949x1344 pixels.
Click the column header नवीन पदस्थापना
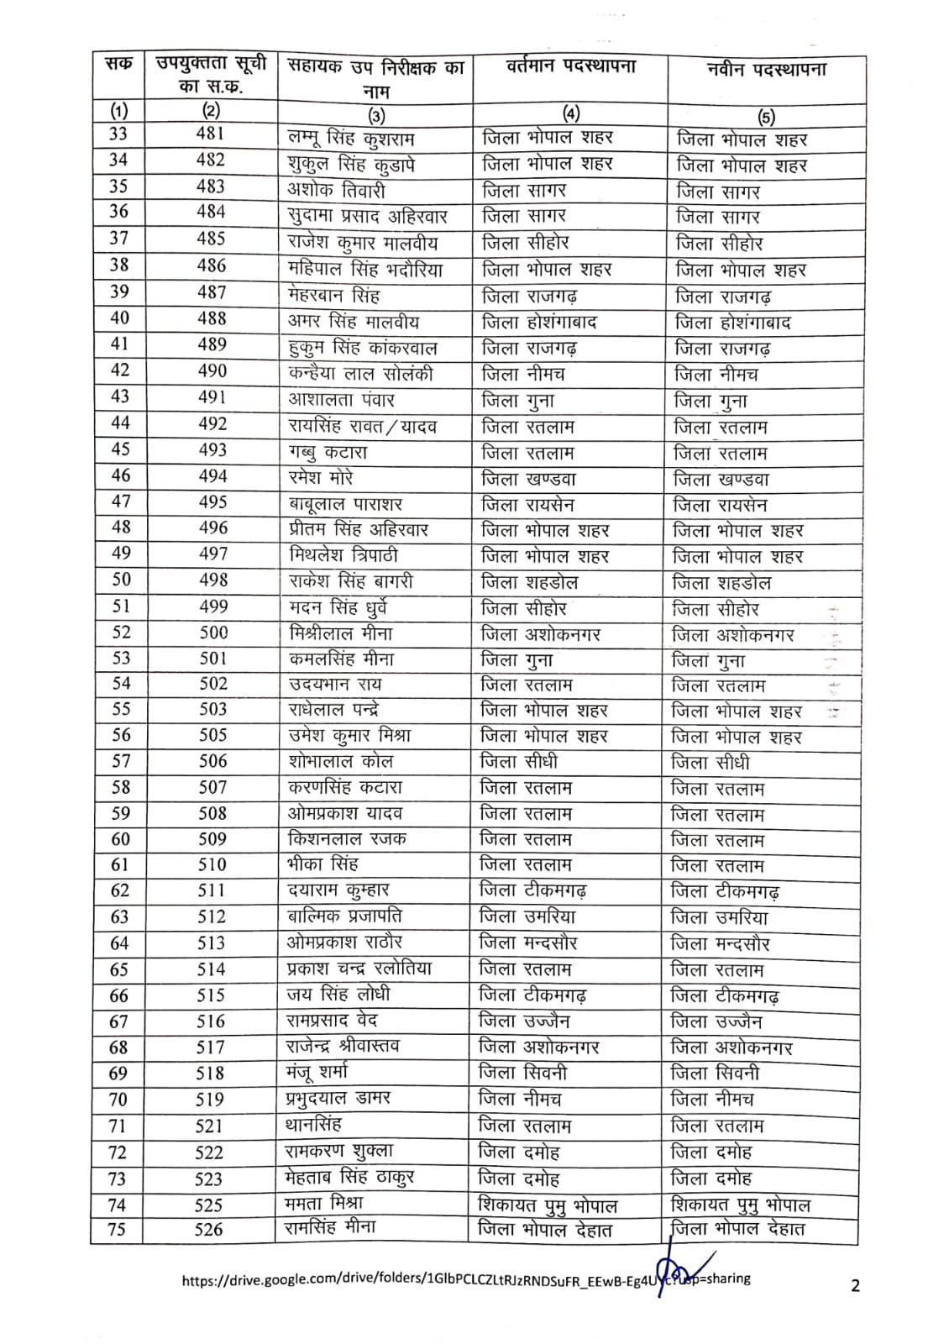(x=766, y=69)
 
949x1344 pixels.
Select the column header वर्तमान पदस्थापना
(x=570, y=66)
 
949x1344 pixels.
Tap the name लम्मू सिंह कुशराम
(x=351, y=138)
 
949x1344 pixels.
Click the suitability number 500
(x=213, y=633)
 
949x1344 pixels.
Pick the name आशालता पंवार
(x=341, y=400)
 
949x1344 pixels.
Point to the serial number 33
(x=118, y=134)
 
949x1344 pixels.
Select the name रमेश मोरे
(x=321, y=478)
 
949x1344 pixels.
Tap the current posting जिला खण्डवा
(x=528, y=479)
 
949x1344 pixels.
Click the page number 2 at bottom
(x=855, y=1285)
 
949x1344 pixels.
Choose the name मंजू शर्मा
(x=317, y=1072)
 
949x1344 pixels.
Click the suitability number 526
(x=208, y=1230)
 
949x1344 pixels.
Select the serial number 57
(x=121, y=761)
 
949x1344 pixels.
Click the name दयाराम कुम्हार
(x=338, y=890)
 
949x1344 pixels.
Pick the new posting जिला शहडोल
(x=721, y=583)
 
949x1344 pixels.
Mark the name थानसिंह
(x=313, y=1124)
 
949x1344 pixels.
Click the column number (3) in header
(x=376, y=115)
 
